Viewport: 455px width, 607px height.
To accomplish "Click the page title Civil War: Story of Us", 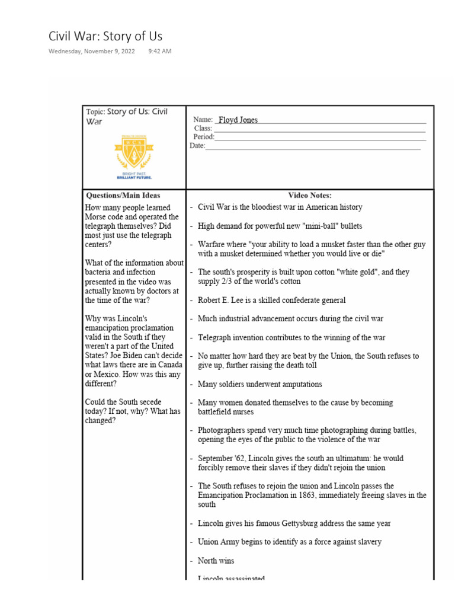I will point(105,36).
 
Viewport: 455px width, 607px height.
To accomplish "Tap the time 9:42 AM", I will point(160,52).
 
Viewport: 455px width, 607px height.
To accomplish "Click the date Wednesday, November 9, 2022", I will point(91,52).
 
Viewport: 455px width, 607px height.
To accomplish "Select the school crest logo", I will point(134,152).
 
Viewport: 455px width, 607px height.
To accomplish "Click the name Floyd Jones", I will point(238,120).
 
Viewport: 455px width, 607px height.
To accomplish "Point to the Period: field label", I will point(204,137).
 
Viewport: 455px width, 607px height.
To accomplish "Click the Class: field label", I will point(203,128).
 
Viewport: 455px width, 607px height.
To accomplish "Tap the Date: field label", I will point(197,146).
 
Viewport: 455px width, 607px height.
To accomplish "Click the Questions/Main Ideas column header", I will point(123,195).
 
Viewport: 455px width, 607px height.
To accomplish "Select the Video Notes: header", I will point(310,195).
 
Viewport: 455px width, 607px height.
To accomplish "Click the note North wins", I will point(216,560).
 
